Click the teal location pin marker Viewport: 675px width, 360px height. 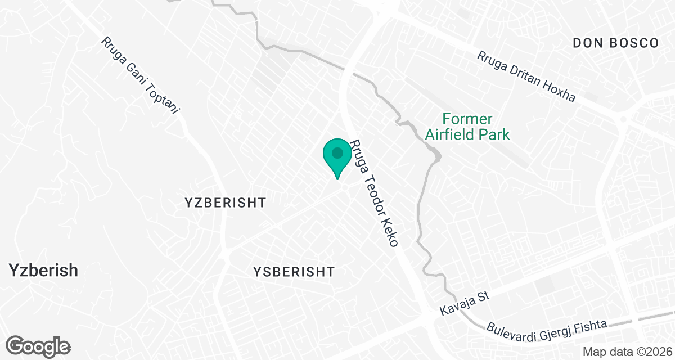pos(337,157)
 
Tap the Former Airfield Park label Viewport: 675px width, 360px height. pos(467,127)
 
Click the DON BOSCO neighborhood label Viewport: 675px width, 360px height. pos(615,43)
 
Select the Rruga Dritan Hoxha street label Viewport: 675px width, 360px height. pos(526,77)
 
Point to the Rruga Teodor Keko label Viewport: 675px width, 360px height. pos(374,193)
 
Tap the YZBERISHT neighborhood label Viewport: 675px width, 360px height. pos(225,202)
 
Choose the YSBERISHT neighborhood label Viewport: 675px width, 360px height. pos(294,272)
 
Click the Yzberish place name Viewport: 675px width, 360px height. pos(43,271)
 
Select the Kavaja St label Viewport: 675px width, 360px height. pos(466,303)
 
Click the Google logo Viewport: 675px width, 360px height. pos(38,346)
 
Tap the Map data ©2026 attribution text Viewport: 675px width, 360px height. pos(627,352)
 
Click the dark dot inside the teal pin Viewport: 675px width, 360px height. pos(337,152)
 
